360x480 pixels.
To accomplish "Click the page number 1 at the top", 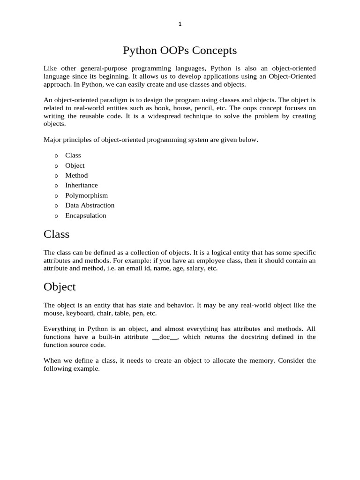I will click(180, 25).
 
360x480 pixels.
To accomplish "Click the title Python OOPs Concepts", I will click(180, 50).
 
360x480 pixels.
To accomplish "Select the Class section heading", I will click(56, 233).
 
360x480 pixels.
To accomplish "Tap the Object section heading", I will click(60, 286).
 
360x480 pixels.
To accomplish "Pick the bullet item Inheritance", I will click(82, 185).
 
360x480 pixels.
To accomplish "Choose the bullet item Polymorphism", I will click(86, 195).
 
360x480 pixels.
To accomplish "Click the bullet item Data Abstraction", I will click(90, 205).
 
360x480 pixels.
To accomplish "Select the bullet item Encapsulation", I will click(86, 216).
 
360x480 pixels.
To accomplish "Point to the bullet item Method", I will click(76, 175).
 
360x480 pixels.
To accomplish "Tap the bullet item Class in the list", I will click(73, 155).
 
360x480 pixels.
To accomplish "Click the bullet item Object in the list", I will click(75, 165).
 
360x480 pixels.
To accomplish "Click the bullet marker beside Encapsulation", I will click(56, 216).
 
